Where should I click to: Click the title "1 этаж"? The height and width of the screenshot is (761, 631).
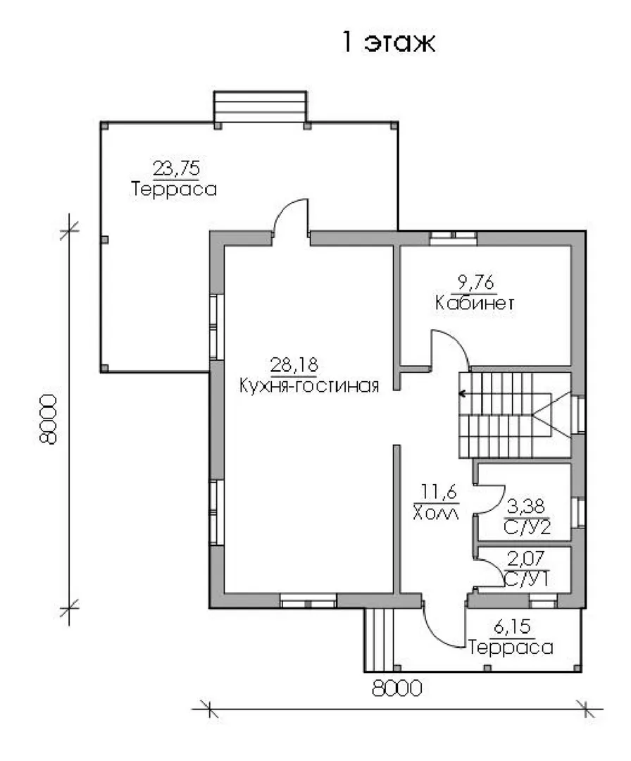(389, 42)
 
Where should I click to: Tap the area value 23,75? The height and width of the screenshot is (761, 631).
(177, 168)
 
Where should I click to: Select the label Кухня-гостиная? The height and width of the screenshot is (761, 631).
(309, 386)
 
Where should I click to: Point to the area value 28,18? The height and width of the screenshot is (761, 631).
(294, 364)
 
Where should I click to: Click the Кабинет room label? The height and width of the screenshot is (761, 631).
(475, 303)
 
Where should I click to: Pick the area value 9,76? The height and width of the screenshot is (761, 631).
(475, 282)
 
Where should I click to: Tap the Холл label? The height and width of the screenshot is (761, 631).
(435, 512)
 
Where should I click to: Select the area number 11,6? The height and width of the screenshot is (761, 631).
(439, 492)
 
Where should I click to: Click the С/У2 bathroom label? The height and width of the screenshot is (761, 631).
(527, 527)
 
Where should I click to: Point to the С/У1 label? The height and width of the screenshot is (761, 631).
(527, 579)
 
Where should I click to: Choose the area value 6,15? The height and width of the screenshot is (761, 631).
(512, 626)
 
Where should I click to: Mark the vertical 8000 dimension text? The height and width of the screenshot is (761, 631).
(49, 419)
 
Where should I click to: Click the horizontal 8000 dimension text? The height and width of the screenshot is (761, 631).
(397, 688)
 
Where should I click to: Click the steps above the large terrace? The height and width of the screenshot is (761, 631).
(261, 106)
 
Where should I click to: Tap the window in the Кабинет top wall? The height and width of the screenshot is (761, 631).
(454, 238)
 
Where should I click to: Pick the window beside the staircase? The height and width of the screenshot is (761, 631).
(578, 414)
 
